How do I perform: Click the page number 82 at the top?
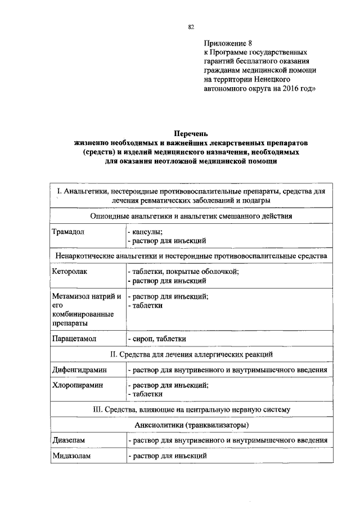pos(191,26)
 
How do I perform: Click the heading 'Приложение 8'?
pos(228,43)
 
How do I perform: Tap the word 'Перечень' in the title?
pos(191,134)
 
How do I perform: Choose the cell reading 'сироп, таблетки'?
pos(156,339)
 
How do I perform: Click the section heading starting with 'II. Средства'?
pos(191,354)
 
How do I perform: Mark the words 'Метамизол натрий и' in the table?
pos(86,296)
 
